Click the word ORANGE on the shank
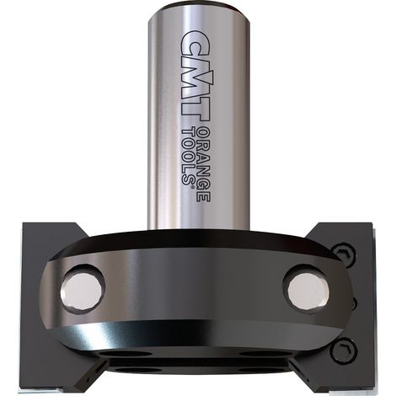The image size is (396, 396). [x=203, y=163]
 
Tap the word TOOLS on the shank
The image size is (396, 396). [x=189, y=156]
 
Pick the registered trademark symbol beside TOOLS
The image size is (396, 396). [x=192, y=187]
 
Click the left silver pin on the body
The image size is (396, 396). [x=81, y=291]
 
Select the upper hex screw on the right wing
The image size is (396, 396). [x=345, y=256]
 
